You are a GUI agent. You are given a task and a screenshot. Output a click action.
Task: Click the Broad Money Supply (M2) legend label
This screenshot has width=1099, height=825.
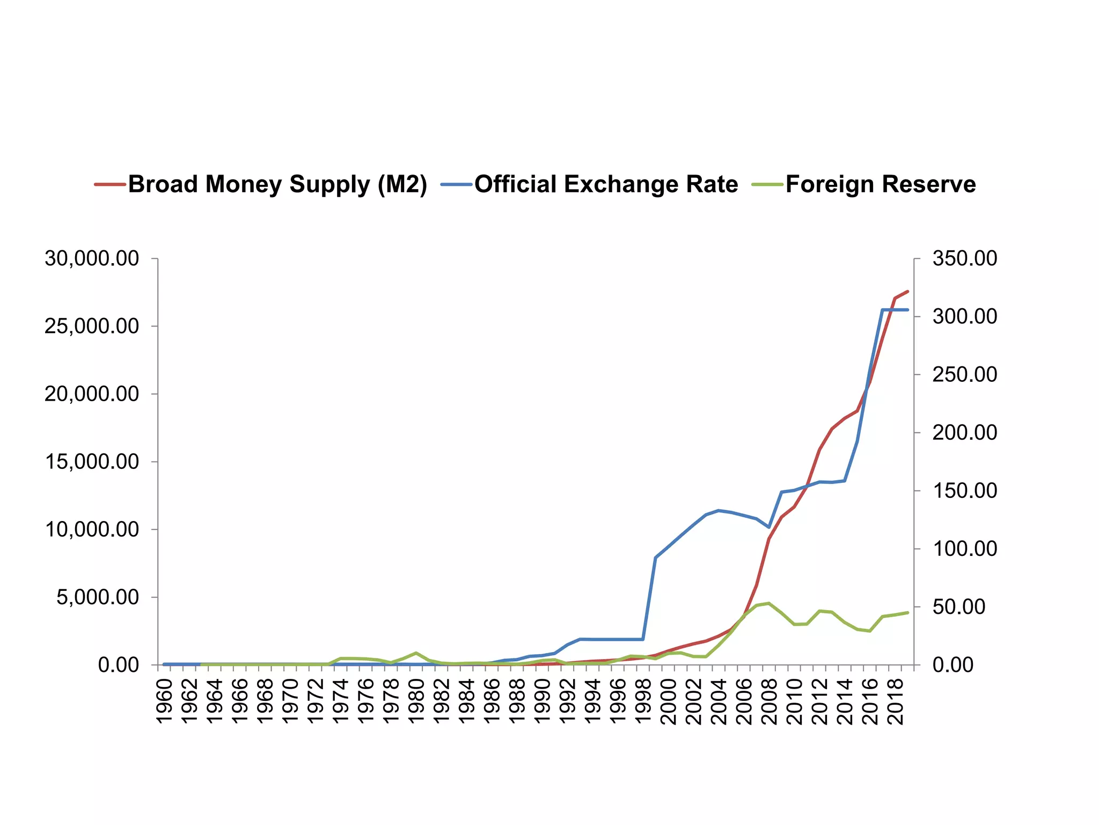click(x=277, y=185)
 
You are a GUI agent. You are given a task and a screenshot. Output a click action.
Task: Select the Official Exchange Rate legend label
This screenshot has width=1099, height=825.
click(x=606, y=185)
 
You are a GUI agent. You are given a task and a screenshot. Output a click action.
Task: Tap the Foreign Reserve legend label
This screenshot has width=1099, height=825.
click(x=881, y=185)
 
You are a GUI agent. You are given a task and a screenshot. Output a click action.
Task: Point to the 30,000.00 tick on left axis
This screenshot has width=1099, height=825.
click(x=92, y=258)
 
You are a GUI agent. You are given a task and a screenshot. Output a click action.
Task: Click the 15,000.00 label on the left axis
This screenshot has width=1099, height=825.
click(x=92, y=462)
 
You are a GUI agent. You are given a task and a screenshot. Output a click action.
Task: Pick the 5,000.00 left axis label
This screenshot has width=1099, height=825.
click(x=98, y=597)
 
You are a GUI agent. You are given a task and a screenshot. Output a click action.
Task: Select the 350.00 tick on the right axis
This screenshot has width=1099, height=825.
click(x=965, y=258)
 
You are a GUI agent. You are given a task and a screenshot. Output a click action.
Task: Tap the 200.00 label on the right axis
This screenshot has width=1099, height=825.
click(x=965, y=432)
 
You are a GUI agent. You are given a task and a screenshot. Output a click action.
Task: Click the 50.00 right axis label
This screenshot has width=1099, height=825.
click(x=959, y=607)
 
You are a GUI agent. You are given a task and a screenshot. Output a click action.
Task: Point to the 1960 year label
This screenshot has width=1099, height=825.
click(x=164, y=701)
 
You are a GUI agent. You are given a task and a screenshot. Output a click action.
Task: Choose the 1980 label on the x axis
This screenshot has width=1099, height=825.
click(x=416, y=701)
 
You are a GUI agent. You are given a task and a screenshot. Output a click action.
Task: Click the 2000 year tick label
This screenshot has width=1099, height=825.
click(x=669, y=701)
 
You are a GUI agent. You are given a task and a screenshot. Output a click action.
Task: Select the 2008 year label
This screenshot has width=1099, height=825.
click(x=770, y=701)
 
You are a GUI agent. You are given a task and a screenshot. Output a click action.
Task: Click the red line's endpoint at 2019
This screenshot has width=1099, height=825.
click(x=907, y=291)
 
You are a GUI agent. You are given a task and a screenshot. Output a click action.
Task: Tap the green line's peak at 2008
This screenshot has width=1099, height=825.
click(x=769, y=603)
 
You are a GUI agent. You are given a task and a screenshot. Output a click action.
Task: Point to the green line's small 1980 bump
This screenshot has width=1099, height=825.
click(x=416, y=653)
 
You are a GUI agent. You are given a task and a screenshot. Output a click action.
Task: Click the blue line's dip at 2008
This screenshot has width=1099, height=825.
click(x=769, y=527)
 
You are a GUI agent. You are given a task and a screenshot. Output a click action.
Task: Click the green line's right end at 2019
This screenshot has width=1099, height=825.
click(x=907, y=612)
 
